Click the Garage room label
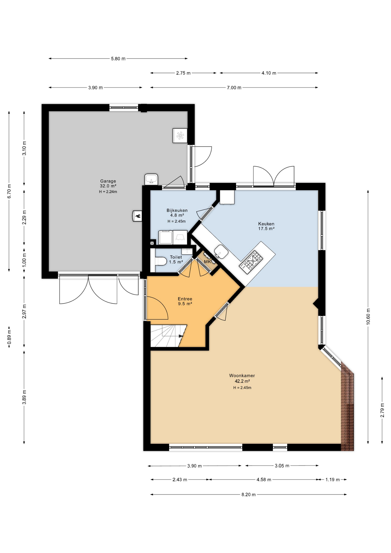click(x=108, y=181)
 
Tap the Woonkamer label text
click(x=242, y=376)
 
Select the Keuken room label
click(x=266, y=224)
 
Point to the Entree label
click(x=185, y=299)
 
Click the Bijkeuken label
click(x=177, y=211)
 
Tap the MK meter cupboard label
click(x=207, y=262)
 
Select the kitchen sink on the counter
click(x=221, y=252)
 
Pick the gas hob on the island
click(x=251, y=262)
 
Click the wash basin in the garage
click(x=151, y=179)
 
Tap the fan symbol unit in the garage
click(x=180, y=136)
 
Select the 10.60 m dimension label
click(x=368, y=317)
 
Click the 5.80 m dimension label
click(x=118, y=59)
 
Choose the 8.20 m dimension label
click(x=248, y=495)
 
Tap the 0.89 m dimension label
click(x=9, y=337)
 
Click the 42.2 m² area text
click(x=242, y=381)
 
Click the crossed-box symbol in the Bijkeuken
click(x=152, y=243)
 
